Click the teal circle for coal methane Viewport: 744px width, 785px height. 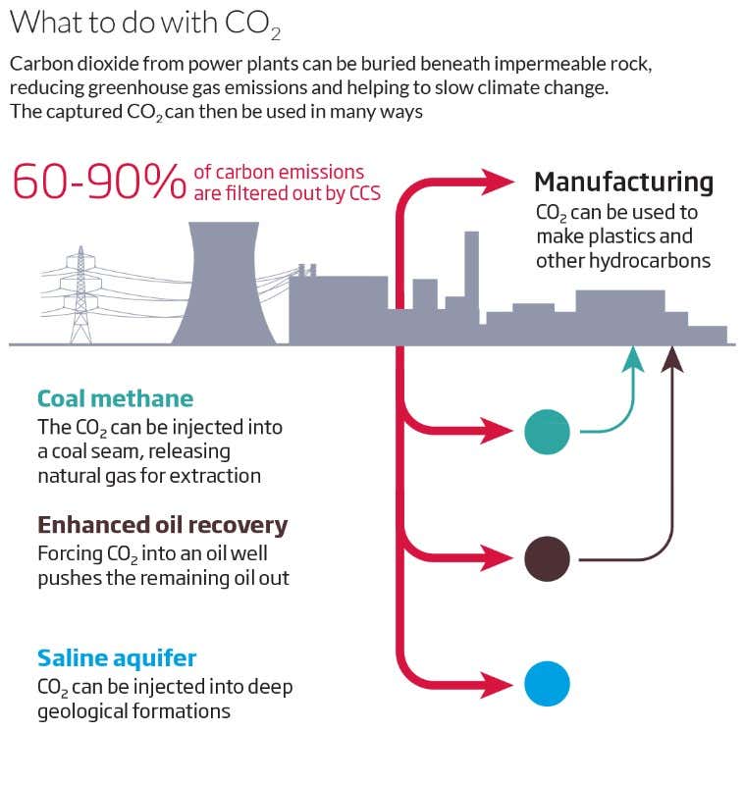547,431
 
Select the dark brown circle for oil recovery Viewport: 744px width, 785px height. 547,559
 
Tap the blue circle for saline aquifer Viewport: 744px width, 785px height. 547,683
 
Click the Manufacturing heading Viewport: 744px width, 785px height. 623,183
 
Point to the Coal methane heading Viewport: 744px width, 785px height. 115,398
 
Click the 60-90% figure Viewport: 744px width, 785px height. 98,183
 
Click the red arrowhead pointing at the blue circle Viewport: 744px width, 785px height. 501,683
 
